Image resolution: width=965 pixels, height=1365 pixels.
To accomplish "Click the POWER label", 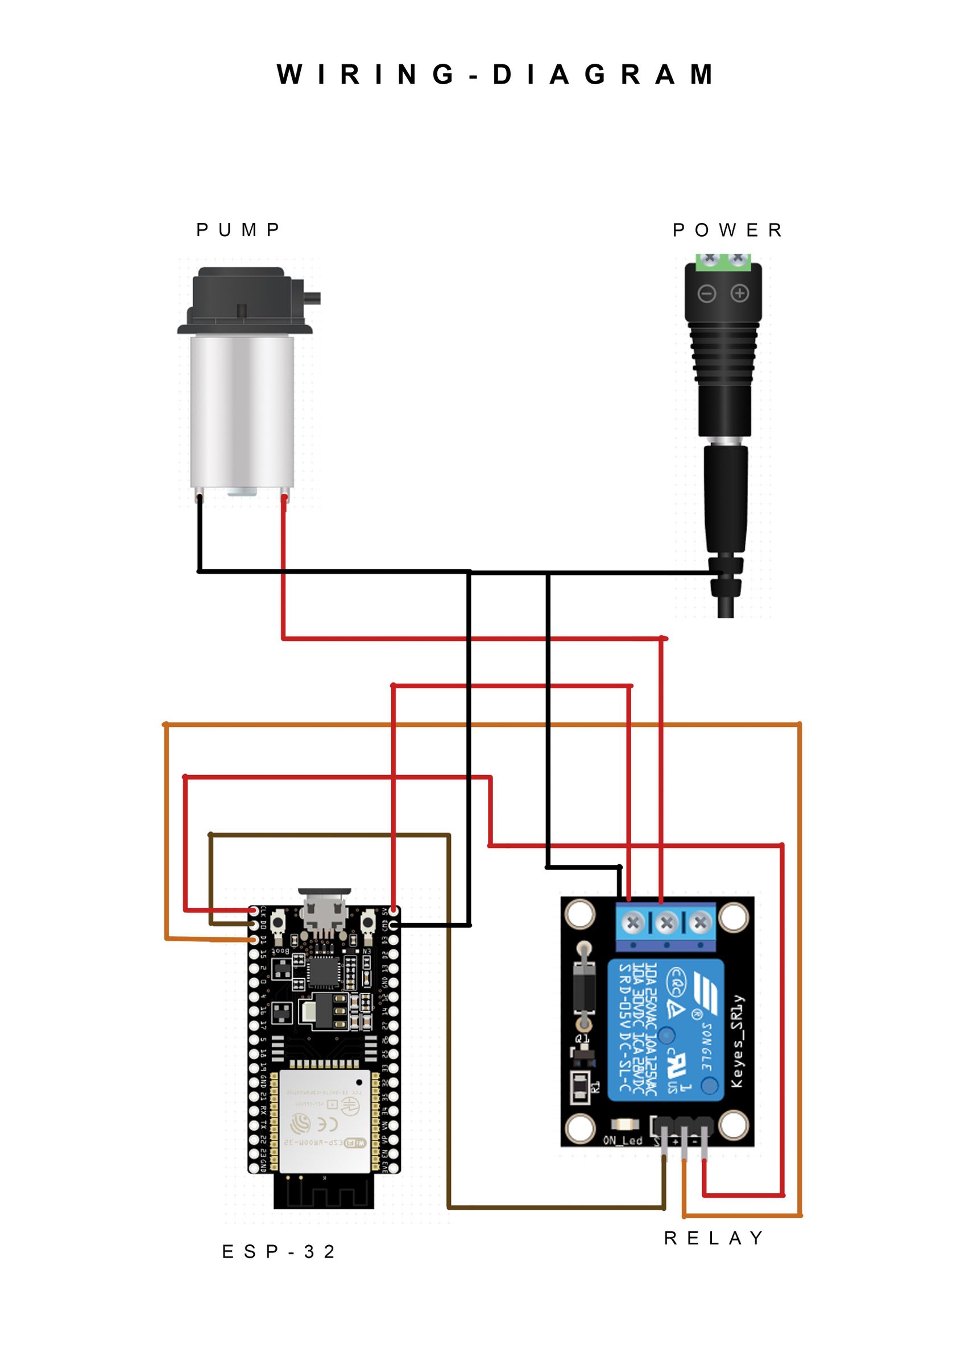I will click(727, 230).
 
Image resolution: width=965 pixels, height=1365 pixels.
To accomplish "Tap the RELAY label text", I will click(714, 1238).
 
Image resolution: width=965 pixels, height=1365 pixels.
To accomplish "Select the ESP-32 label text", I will click(278, 1252).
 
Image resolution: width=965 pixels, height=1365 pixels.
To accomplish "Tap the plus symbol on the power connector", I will click(740, 293).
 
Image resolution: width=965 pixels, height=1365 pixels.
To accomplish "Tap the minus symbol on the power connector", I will click(706, 293).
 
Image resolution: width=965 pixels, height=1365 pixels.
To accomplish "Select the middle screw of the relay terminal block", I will click(666, 923).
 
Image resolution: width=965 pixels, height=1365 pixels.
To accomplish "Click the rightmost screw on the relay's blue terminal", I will click(700, 923).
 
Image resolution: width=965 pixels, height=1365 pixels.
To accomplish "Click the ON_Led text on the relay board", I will click(623, 1141).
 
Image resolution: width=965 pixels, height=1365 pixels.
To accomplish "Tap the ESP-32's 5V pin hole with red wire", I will click(394, 911).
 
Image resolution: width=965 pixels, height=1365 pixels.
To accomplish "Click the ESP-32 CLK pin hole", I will click(255, 911).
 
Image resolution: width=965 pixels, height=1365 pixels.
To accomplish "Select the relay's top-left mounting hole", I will click(579, 914).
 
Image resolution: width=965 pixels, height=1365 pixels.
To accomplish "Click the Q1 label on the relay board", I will click(582, 1039).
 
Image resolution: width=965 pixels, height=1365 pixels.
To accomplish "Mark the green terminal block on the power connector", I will click(723, 260).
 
